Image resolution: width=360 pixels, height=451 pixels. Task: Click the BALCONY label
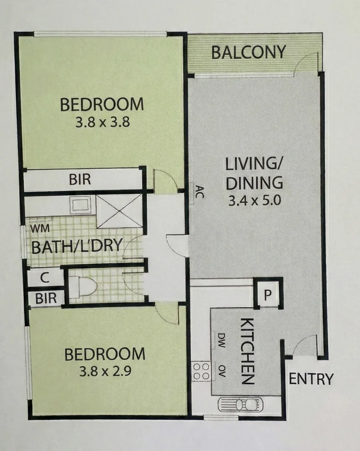[x=249, y=52]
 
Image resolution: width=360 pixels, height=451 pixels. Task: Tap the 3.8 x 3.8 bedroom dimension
[x=102, y=123]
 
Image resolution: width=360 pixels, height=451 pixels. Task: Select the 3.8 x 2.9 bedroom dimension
[x=105, y=371]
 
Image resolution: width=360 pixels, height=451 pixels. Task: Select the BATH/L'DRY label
[x=77, y=246]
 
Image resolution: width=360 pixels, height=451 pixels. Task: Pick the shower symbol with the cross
[x=119, y=211]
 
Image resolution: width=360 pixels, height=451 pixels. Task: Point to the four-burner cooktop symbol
[x=201, y=371]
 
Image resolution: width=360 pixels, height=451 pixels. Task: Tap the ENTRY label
[x=311, y=379]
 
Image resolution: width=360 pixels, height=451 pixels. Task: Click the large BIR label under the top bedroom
[x=80, y=180]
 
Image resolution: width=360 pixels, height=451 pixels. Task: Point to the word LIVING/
[x=253, y=164]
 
